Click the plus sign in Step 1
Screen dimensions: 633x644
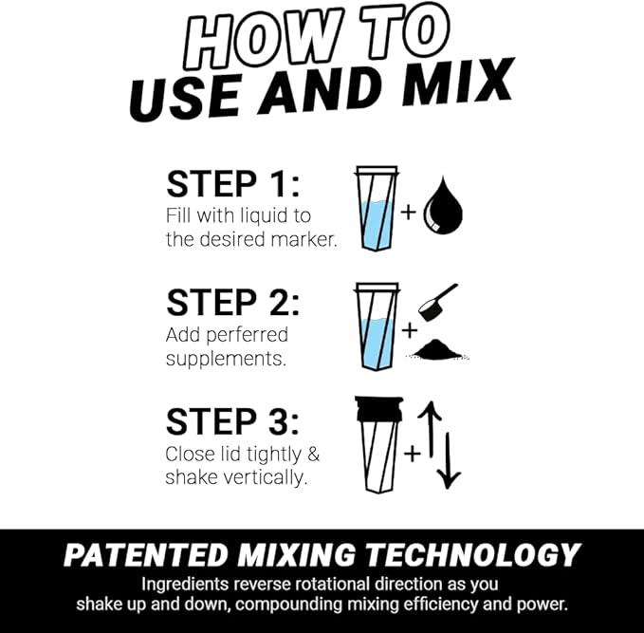click(408, 211)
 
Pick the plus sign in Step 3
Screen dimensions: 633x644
click(412, 454)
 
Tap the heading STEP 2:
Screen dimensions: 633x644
click(233, 303)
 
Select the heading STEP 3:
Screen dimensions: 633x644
click(233, 421)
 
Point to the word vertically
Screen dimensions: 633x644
click(263, 477)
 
